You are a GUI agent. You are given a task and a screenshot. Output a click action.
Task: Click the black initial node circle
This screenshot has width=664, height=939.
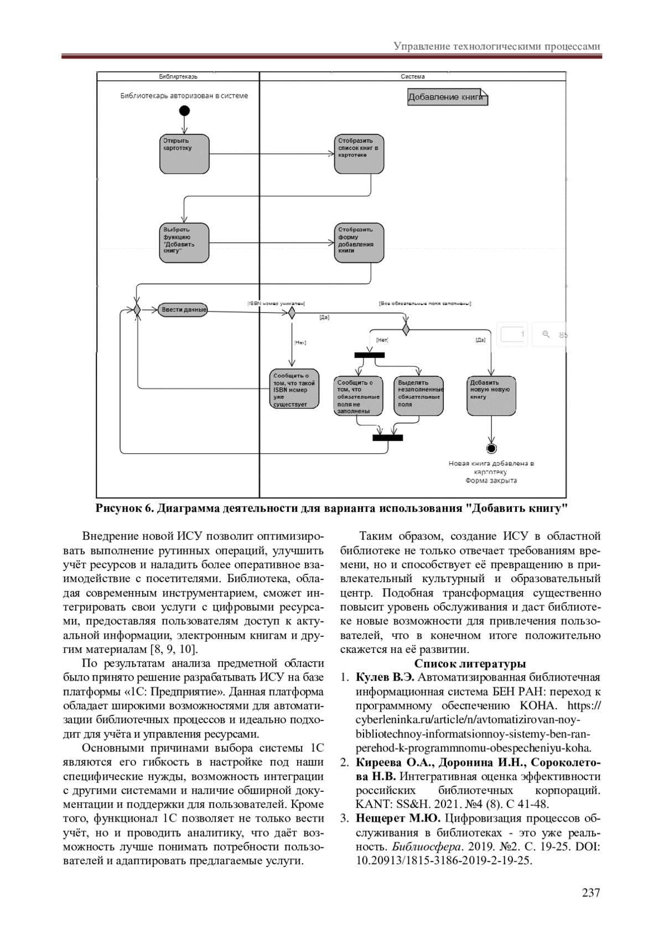pyautogui.click(x=184, y=111)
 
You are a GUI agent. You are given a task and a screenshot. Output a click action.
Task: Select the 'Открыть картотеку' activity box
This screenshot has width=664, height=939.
pyautogui.click(x=184, y=153)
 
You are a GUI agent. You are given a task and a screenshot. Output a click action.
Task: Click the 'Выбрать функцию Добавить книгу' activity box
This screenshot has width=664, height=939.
pyautogui.click(x=184, y=243)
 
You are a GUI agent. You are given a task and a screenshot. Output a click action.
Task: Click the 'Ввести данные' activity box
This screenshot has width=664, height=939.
pyautogui.click(x=183, y=310)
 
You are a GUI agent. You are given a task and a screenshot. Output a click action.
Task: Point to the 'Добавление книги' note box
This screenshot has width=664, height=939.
pyautogui.click(x=447, y=98)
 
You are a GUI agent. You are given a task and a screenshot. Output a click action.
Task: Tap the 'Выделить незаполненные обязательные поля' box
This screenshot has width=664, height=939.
pyautogui.click(x=419, y=396)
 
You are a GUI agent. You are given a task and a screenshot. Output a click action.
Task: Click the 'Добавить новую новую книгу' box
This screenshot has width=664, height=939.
pyautogui.click(x=491, y=396)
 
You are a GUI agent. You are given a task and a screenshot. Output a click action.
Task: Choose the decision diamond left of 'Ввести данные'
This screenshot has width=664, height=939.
pyautogui.click(x=136, y=310)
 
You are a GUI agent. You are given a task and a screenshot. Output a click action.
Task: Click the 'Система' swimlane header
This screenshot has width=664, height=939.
pyautogui.click(x=412, y=76)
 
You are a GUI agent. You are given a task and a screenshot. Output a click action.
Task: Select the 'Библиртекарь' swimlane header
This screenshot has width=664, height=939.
pyautogui.click(x=178, y=76)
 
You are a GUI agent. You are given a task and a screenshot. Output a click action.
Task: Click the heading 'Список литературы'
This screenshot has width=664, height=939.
pyautogui.click(x=470, y=663)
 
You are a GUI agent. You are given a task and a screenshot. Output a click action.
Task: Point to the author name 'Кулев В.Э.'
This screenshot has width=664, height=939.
pyautogui.click(x=385, y=678)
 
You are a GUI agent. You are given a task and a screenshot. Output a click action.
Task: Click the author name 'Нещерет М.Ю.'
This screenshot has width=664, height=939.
pyautogui.click(x=398, y=818)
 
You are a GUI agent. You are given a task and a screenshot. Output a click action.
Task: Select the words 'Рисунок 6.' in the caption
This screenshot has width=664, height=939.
pyautogui.click(x=124, y=509)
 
